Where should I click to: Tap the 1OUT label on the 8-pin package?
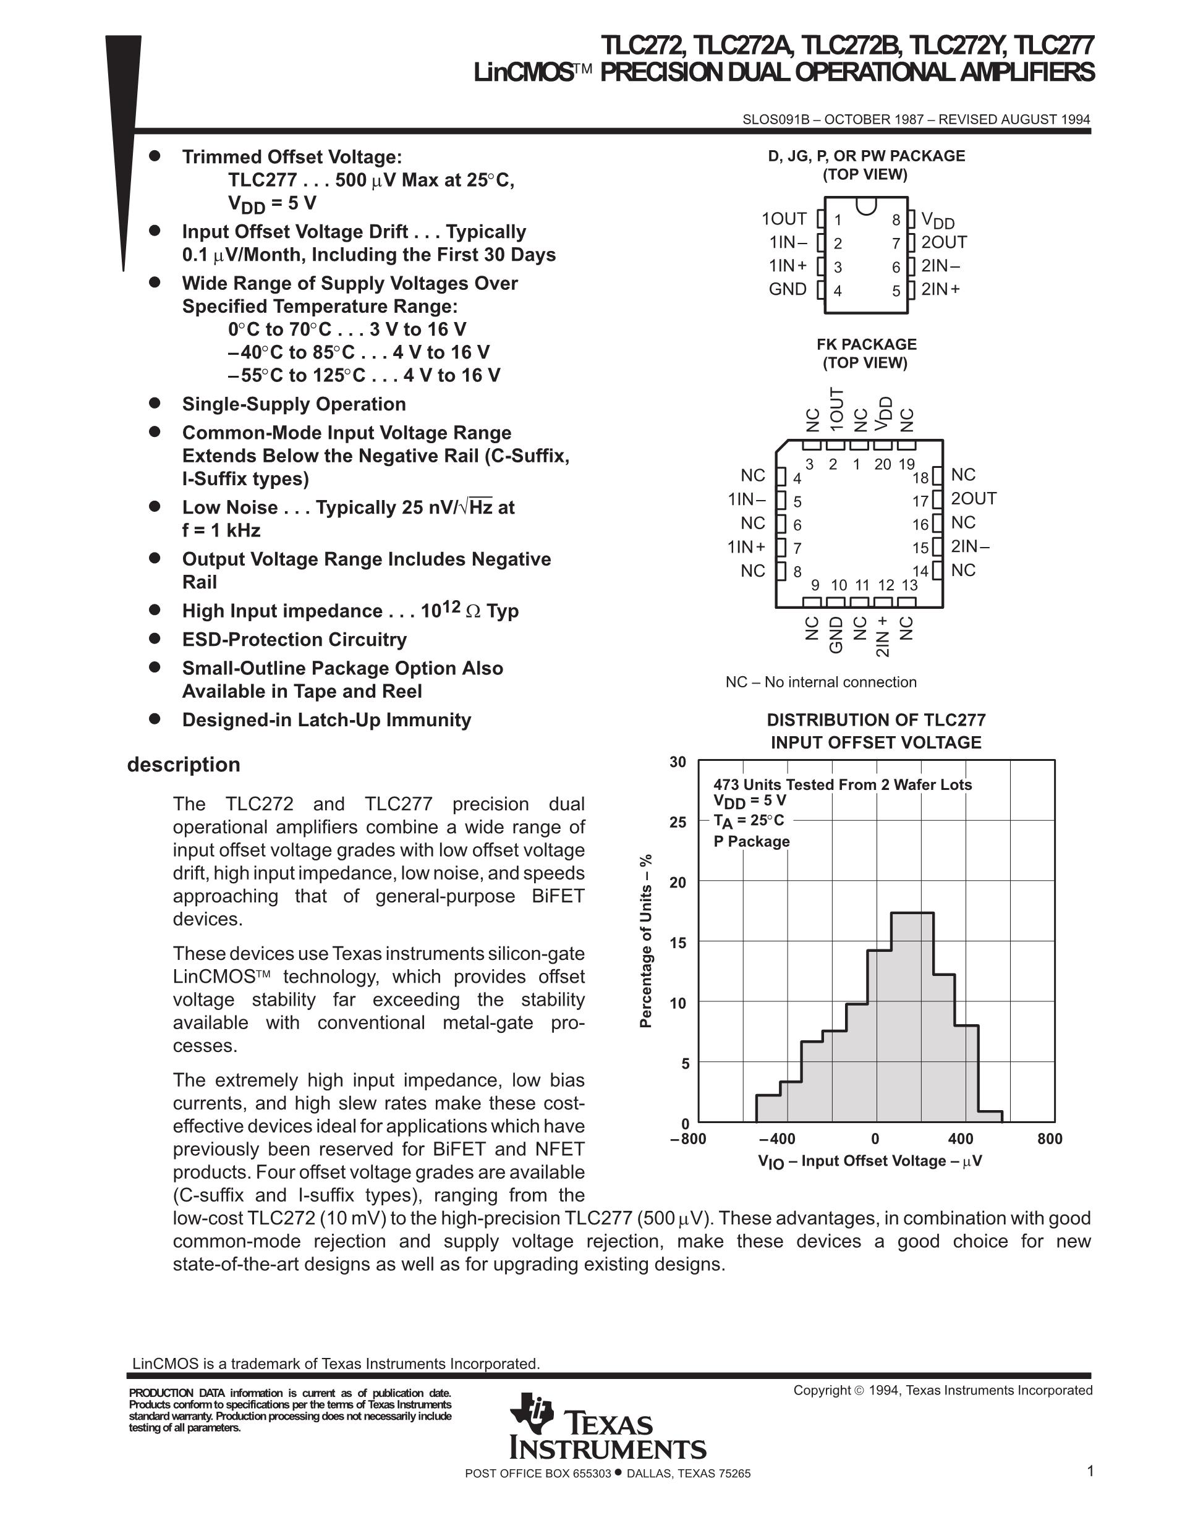(784, 219)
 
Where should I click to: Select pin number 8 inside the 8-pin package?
(896, 221)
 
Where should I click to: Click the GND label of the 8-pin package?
(788, 289)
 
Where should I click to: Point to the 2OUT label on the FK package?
(974, 499)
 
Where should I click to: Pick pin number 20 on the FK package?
(883, 464)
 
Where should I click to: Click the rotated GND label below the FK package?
(836, 635)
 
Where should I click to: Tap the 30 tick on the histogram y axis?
(678, 762)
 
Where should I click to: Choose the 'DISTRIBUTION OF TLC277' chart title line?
(876, 719)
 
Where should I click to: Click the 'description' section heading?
(184, 765)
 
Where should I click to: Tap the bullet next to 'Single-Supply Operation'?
(155, 403)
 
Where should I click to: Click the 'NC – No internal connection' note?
(821, 682)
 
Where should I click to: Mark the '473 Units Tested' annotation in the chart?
(843, 784)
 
